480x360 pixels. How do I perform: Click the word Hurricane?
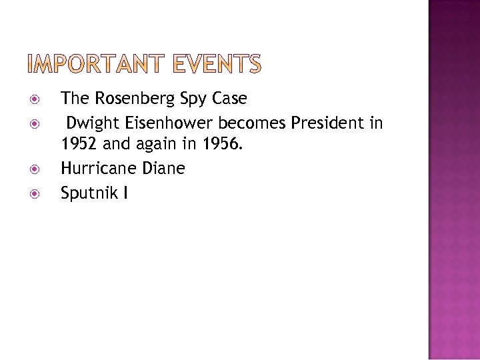pos(98,169)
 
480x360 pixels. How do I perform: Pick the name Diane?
pos(163,169)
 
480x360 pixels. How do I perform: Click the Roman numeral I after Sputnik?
pos(125,193)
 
